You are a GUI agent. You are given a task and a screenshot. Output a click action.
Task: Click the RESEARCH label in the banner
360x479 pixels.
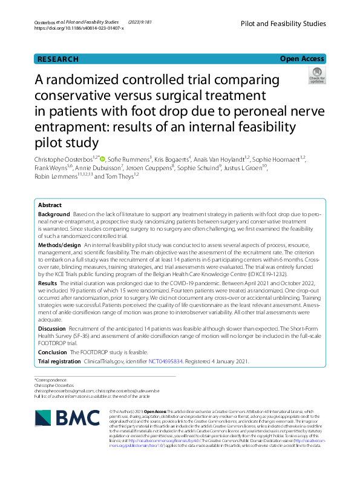(58, 59)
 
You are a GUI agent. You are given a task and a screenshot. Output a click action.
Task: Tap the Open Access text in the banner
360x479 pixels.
(302, 59)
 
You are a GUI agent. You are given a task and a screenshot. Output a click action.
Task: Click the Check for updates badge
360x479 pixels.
(316, 76)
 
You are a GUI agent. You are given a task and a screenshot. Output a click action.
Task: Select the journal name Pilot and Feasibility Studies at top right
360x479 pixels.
(283, 24)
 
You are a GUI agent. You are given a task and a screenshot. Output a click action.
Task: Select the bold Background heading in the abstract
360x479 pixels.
(54, 215)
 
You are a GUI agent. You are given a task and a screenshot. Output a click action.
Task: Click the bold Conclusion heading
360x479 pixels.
(53, 352)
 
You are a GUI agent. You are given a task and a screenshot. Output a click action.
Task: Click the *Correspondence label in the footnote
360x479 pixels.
(51, 380)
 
